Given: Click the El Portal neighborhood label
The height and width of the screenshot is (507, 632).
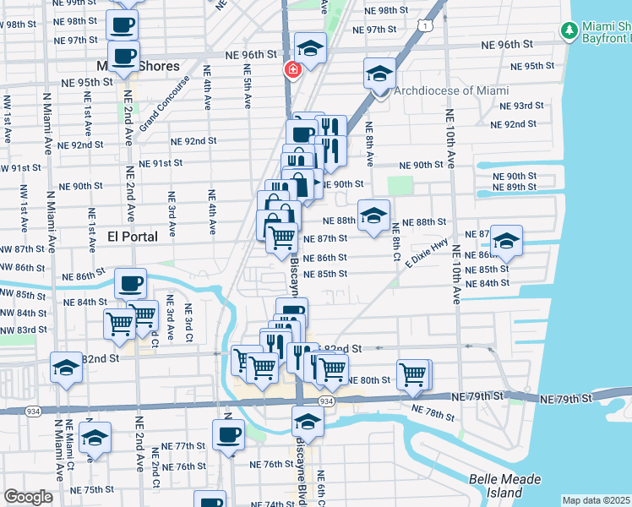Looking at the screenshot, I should point(133,237).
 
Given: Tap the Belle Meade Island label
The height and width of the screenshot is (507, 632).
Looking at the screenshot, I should point(504,486).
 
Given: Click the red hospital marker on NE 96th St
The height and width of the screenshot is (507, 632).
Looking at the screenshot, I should point(291,70).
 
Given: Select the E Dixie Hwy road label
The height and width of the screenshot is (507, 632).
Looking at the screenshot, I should point(426,254).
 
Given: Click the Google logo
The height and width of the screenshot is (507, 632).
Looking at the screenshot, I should point(28,497).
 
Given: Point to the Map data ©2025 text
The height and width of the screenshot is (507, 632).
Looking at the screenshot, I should point(597,500).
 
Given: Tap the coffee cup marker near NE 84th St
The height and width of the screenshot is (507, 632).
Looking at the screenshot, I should point(129,283).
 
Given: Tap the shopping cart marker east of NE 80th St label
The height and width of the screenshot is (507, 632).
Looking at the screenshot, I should point(412,373).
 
